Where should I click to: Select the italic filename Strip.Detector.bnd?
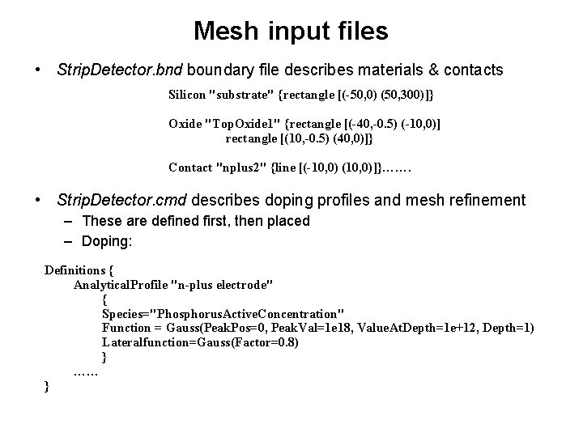click(x=121, y=70)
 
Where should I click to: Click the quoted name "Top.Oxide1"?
click(x=243, y=123)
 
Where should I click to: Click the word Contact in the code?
click(x=190, y=168)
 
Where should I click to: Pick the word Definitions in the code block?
click(x=75, y=269)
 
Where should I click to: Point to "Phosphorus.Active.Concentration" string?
click(x=223, y=313)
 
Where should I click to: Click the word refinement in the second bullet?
click(x=488, y=200)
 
